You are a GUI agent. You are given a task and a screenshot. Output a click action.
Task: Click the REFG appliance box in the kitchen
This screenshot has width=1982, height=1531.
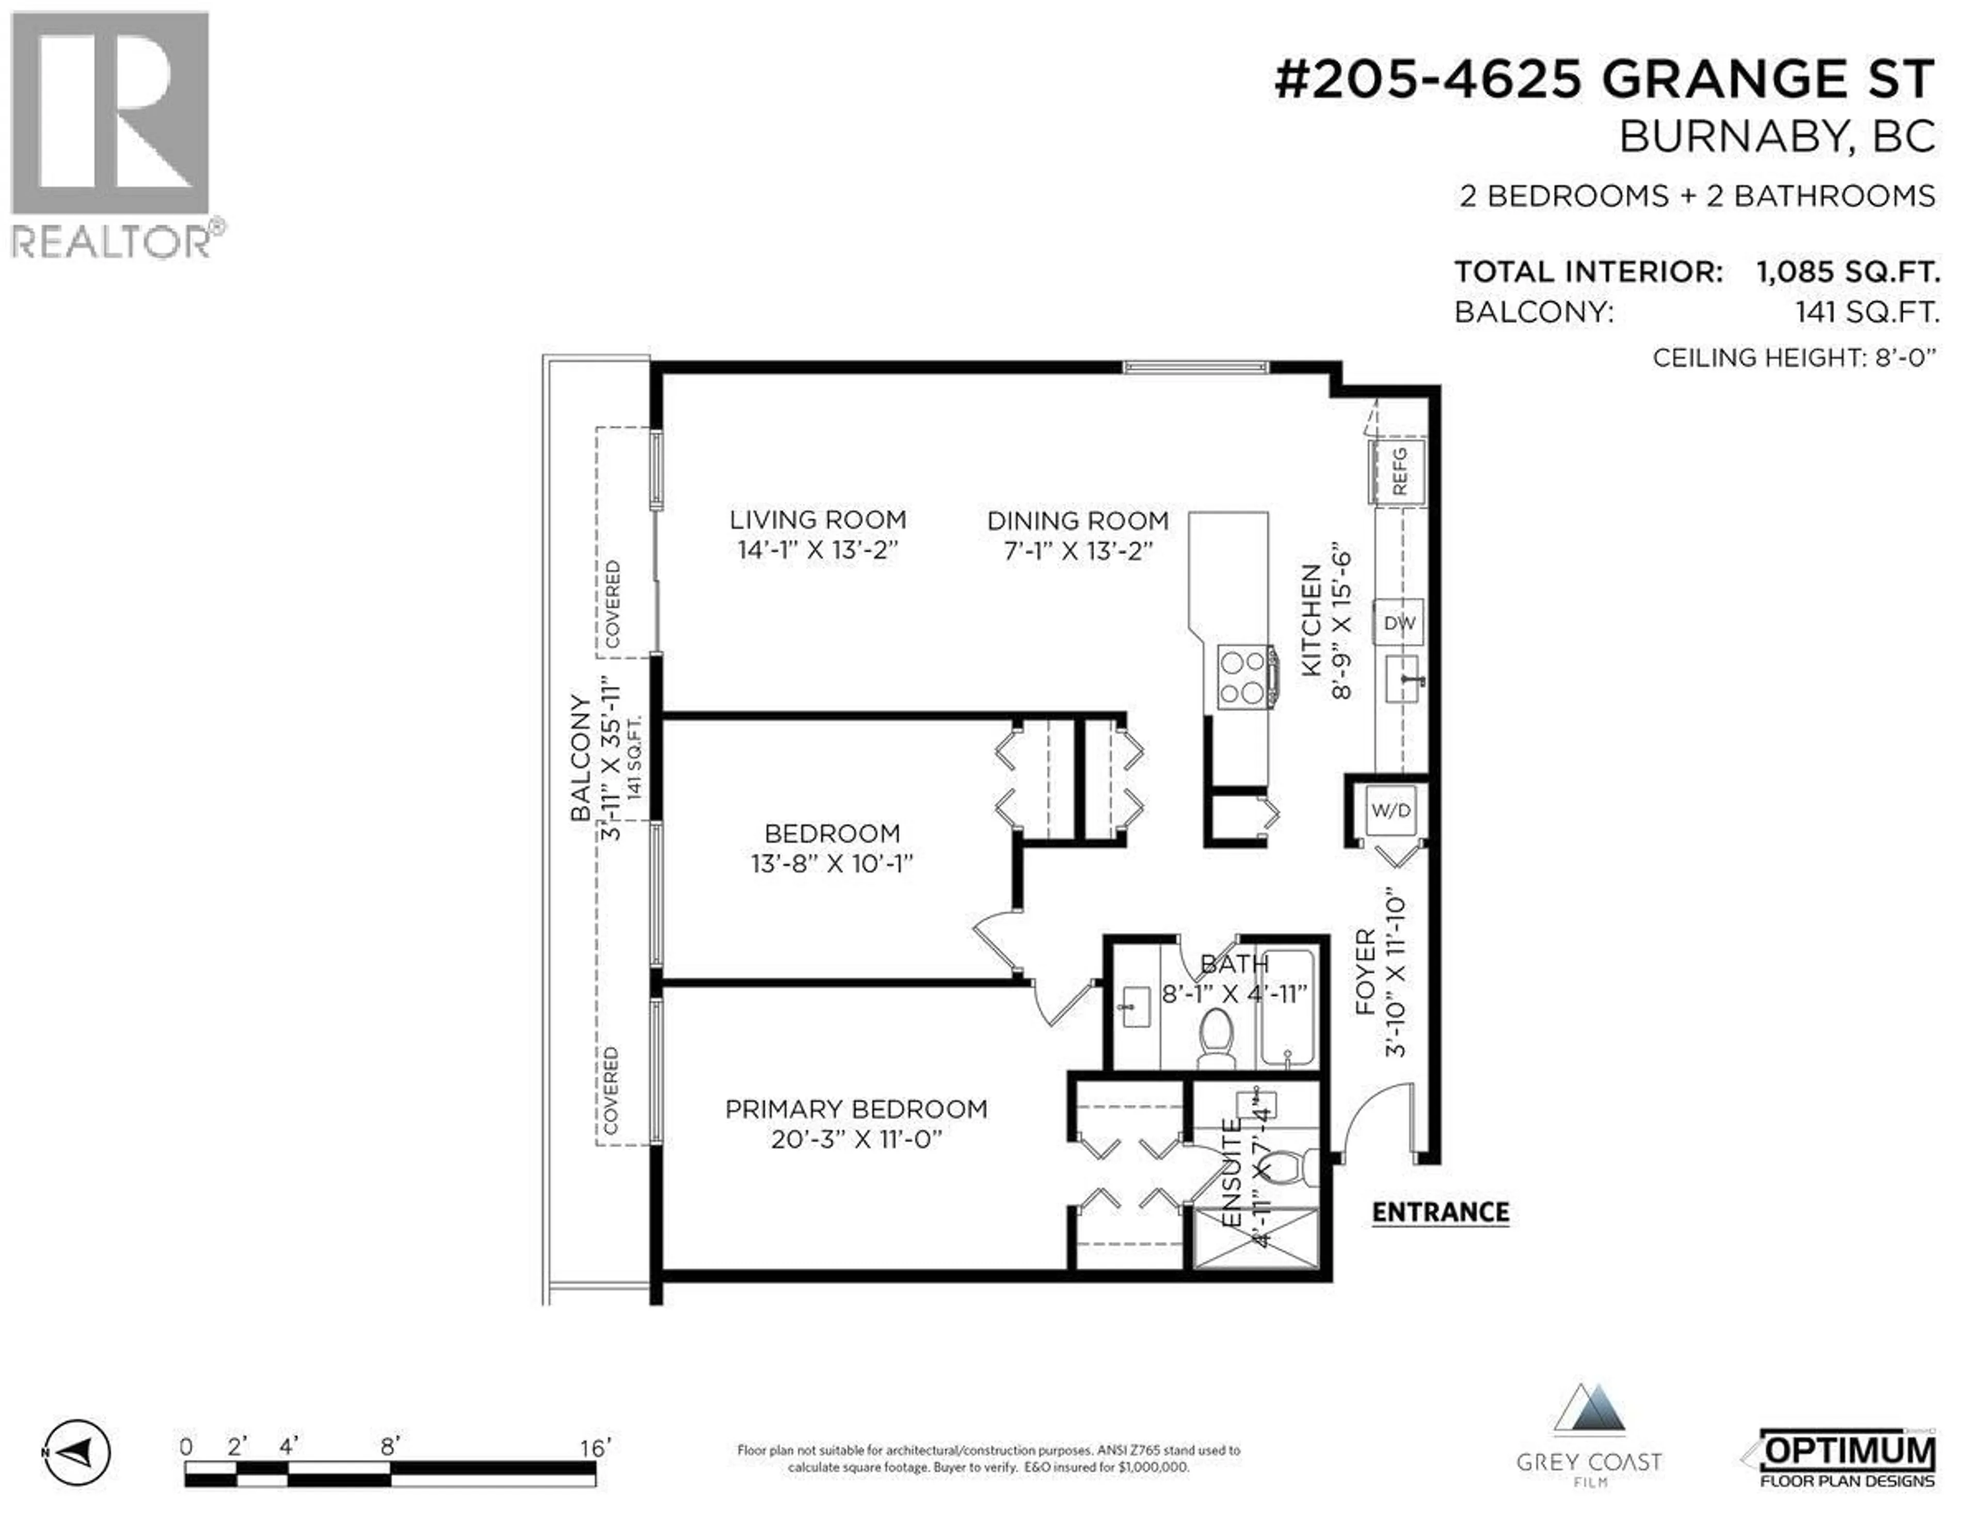pyautogui.click(x=1398, y=471)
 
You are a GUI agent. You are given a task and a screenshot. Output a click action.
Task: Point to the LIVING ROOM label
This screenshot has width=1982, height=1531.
pyautogui.click(x=818, y=520)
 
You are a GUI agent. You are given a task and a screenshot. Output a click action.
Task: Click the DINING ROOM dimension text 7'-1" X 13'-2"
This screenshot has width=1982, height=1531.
pyautogui.click(x=1078, y=551)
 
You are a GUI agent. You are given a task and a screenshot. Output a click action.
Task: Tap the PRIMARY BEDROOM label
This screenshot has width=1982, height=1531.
pyautogui.click(x=856, y=1109)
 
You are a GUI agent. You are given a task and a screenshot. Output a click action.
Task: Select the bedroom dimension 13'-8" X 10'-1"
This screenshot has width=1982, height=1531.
pyautogui.click(x=832, y=863)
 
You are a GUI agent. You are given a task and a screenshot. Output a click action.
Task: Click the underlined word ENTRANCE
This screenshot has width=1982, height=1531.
pyautogui.click(x=1440, y=1213)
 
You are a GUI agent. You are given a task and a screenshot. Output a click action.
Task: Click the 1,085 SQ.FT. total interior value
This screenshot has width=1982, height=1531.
pyautogui.click(x=1848, y=272)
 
